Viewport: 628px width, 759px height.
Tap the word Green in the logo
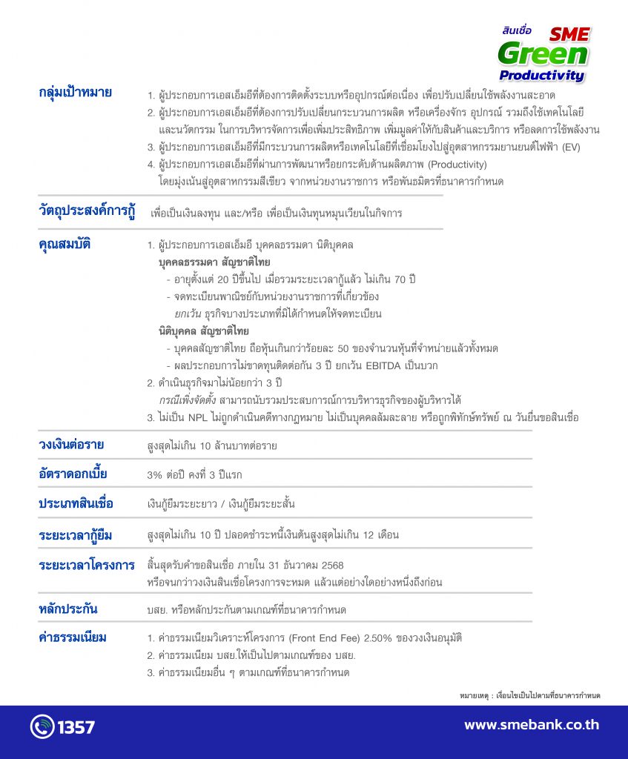pyautogui.click(x=543, y=54)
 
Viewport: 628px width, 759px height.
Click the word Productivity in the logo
pyautogui.click(x=542, y=75)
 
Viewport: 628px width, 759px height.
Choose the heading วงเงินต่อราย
pyautogui.click(x=70, y=445)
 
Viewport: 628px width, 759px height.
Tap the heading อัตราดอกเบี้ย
pyautogui.click(x=72, y=474)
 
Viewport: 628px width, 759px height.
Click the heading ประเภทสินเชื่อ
pyautogui.click(x=76, y=503)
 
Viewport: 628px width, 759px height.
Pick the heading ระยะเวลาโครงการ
pyautogui.click(x=86, y=565)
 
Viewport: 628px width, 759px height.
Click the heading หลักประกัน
pyautogui.click(x=68, y=609)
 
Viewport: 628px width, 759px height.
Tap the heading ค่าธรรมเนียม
pyautogui.click(x=73, y=637)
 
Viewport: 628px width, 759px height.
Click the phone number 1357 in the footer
pyautogui.click(x=76, y=726)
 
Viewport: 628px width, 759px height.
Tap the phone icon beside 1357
pyautogui.click(x=42, y=726)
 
